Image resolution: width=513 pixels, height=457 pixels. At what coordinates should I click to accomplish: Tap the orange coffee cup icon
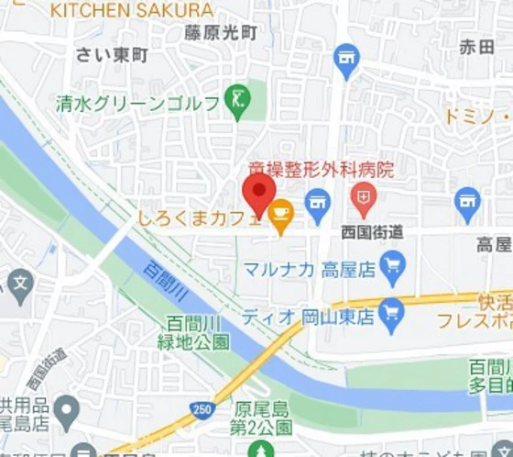point(280,213)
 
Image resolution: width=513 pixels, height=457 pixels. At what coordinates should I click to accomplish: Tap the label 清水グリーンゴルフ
point(137,102)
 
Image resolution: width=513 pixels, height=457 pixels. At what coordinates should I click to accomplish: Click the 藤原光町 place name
point(221,33)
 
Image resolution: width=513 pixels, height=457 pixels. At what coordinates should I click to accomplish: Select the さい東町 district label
point(112,56)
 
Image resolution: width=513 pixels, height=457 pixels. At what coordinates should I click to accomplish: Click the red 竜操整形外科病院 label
point(322,170)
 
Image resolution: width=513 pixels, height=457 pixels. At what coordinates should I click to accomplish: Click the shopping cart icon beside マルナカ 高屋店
point(393,268)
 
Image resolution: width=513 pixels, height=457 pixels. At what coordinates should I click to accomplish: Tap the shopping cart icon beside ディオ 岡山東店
point(391,318)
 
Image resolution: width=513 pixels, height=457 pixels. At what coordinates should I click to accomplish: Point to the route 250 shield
point(202,408)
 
